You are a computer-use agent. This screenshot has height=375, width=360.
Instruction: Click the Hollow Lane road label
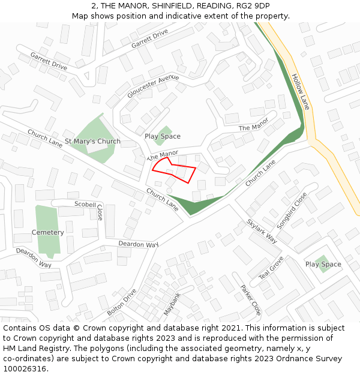301,92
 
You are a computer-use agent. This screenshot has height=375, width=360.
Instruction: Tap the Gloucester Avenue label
153,86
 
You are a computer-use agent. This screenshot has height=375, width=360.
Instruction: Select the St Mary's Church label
92,142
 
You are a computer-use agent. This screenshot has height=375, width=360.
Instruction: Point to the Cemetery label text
47,232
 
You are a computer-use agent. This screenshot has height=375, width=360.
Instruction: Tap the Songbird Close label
292,211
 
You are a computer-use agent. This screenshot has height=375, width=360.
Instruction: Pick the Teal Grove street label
271,268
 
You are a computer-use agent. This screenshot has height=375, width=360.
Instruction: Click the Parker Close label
250,299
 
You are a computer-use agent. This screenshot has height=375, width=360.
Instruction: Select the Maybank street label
172,304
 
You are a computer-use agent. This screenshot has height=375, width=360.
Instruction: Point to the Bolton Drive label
122,303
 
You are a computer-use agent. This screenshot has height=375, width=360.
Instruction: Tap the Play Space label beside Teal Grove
323,264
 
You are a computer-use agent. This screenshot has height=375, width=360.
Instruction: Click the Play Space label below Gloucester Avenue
162,136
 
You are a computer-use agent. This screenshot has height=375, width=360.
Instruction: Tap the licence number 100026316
23,368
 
